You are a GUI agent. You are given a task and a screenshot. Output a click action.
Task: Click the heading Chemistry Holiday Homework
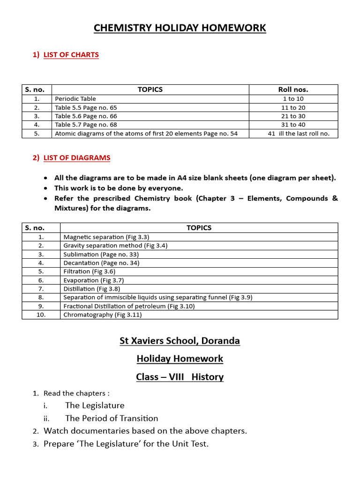coord(180,28)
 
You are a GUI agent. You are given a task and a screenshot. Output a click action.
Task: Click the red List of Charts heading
coord(71,54)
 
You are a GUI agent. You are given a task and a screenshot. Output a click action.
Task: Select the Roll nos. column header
coord(293,89)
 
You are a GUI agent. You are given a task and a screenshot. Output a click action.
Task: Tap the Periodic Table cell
coord(75,98)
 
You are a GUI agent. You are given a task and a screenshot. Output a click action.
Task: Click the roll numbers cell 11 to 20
coord(293,107)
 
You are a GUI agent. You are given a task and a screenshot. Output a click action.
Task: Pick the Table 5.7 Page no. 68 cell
coord(86,125)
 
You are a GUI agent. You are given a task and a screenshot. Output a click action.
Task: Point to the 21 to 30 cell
coord(293,116)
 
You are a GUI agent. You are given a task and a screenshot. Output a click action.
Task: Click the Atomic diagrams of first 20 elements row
coord(146,134)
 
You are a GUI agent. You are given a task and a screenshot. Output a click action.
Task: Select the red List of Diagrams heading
coord(77,157)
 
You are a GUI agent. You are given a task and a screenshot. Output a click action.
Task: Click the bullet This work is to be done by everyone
coord(119,188)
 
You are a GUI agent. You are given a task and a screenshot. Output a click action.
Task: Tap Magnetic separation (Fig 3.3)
coord(106,237)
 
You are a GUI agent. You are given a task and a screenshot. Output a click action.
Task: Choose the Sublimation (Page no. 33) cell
coord(101,254)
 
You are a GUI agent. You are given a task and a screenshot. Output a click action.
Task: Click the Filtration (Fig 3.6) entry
coord(90,271)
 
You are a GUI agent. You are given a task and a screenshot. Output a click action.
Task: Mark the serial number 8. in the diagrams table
coord(41,297)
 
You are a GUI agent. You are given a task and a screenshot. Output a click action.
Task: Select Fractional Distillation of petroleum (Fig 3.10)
coord(129,306)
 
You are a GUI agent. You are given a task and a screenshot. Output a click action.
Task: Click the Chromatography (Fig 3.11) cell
coord(103,315)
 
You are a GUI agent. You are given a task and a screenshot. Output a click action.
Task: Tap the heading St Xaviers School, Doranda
coord(180,341)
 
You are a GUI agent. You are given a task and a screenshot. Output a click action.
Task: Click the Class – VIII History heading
coord(180,377)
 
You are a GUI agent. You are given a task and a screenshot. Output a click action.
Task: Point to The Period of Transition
coord(112,418)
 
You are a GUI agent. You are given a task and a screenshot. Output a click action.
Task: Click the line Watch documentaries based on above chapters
coord(145,431)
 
